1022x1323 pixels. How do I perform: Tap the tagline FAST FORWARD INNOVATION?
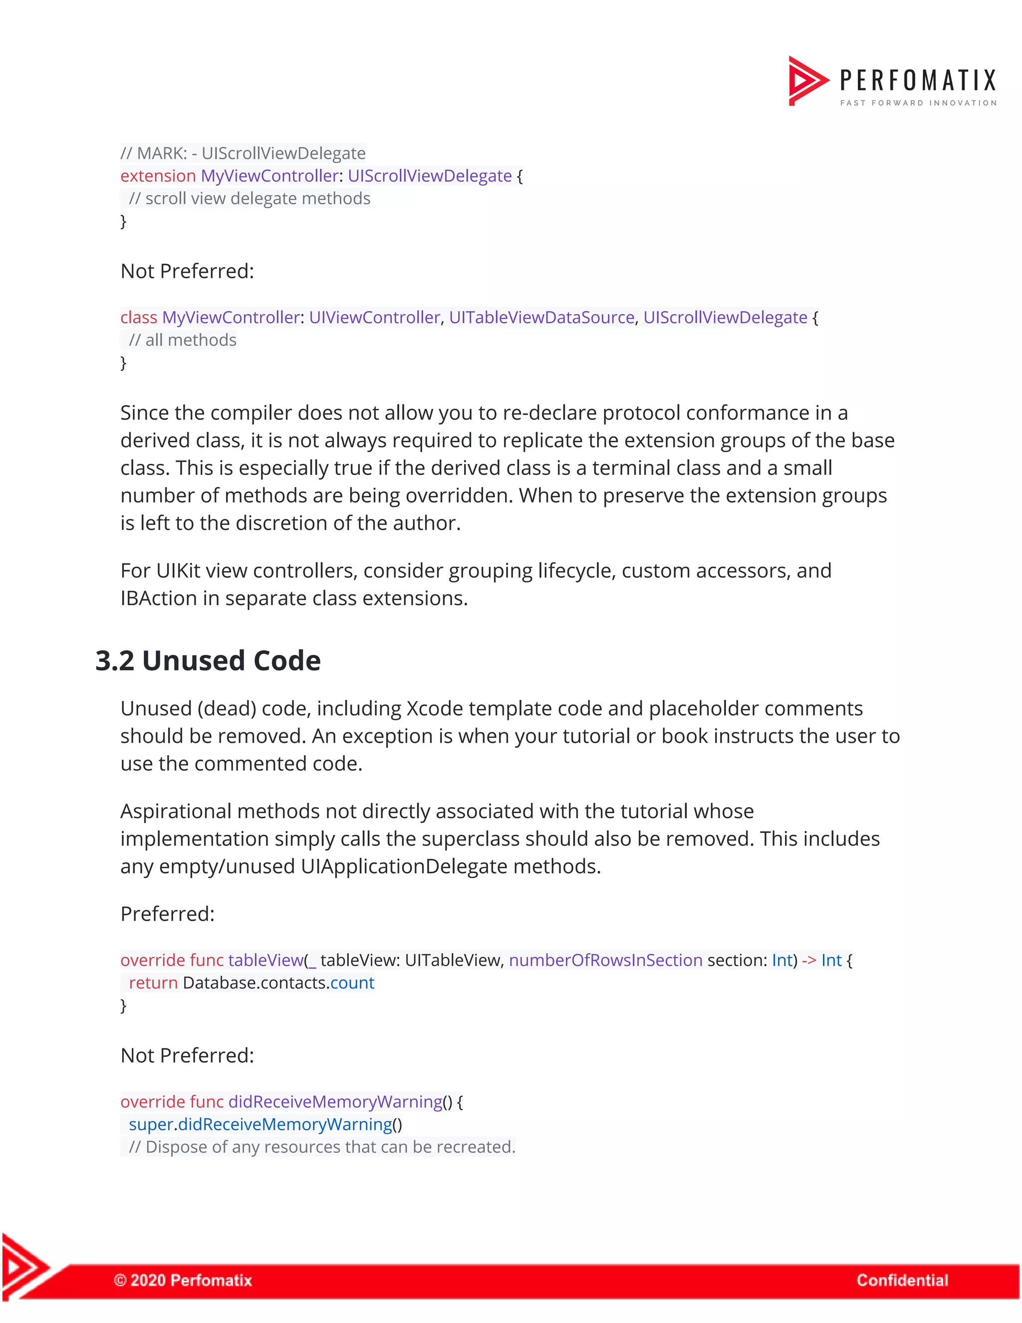[x=918, y=103]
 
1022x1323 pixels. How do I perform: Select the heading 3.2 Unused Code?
[x=208, y=661]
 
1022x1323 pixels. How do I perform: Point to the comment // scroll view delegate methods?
[x=250, y=199]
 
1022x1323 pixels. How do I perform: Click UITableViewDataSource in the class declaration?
[x=541, y=318]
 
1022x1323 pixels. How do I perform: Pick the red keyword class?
[x=139, y=318]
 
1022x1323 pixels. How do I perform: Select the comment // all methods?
[x=182, y=340]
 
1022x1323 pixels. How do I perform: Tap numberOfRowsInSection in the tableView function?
[x=605, y=960]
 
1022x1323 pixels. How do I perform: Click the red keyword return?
[x=153, y=983]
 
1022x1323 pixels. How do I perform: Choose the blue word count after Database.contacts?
[x=352, y=983]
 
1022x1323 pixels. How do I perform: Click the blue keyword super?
[x=151, y=1124]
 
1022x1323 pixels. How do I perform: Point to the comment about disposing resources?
[x=321, y=1147]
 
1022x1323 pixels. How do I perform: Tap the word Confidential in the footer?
[x=902, y=1280]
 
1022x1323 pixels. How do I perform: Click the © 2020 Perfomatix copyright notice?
[x=183, y=1280]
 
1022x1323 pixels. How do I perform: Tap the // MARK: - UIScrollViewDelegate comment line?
[x=243, y=153]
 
